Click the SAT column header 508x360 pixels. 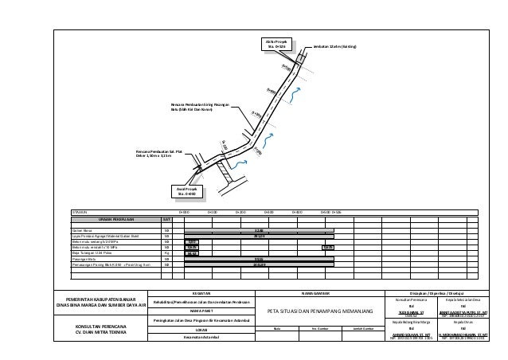(166, 219)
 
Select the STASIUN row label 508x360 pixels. (80, 212)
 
